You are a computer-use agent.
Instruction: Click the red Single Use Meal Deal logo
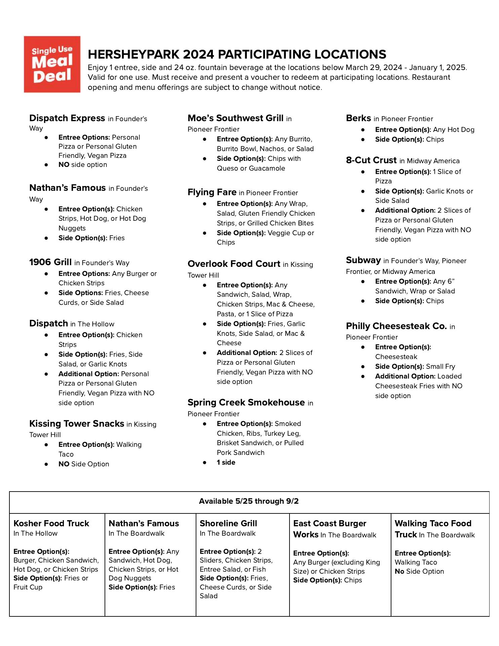pyautogui.click(x=52, y=64)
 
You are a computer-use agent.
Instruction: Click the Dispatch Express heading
pyautogui.click(x=67, y=118)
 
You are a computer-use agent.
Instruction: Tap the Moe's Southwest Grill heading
pyautogui.click(x=235, y=118)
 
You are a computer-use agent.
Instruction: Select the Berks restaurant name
pyautogui.click(x=358, y=118)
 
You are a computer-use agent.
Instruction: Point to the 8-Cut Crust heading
pyautogui.click(x=371, y=160)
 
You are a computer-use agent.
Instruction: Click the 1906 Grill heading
pyautogui.click(x=50, y=262)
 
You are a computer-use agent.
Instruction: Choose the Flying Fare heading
pyautogui.click(x=212, y=192)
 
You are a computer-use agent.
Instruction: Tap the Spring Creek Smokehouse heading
pyautogui.click(x=246, y=403)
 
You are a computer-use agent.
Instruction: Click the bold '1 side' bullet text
pyautogui.click(x=226, y=462)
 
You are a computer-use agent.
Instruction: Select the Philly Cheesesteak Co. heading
pyautogui.click(x=396, y=326)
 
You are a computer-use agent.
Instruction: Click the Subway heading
pyautogui.click(x=363, y=260)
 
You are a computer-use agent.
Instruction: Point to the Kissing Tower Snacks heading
pyautogui.click(x=77, y=424)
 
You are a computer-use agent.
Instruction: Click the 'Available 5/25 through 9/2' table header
pyautogui.click(x=249, y=501)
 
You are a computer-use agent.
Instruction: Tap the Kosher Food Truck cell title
pyautogui.click(x=51, y=524)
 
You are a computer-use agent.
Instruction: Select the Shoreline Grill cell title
pyautogui.click(x=228, y=524)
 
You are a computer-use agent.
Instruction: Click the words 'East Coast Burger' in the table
pyautogui.click(x=330, y=524)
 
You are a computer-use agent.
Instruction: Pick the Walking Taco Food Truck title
pyautogui.click(x=433, y=524)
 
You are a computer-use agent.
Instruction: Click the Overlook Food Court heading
pyautogui.click(x=234, y=264)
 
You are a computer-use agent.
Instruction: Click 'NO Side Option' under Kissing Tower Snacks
pyautogui.click(x=84, y=464)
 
